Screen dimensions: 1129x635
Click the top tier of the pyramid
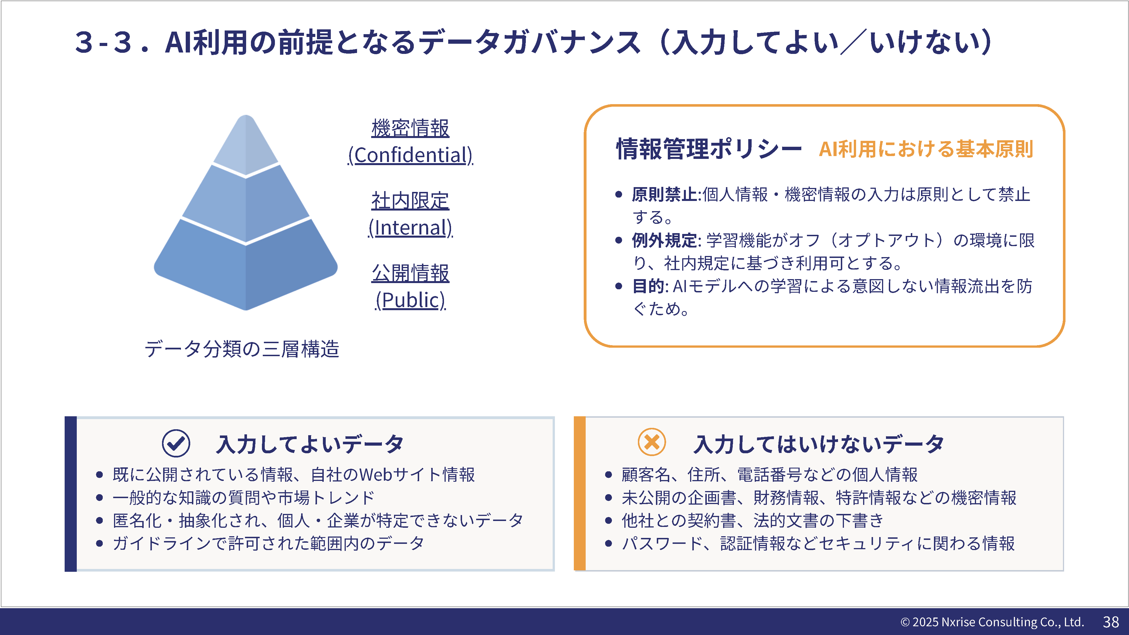pyautogui.click(x=246, y=147)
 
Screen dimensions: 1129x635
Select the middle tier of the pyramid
pyautogui.click(x=246, y=204)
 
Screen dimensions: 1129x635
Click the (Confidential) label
pyautogui.click(x=410, y=155)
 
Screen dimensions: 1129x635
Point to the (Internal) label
pyautogui.click(x=410, y=228)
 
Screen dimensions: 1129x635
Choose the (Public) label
pyautogui.click(x=410, y=300)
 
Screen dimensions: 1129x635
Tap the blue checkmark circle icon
pyautogui.click(x=176, y=443)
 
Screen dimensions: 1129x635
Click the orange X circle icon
pyautogui.click(x=652, y=442)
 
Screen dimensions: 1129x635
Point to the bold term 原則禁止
pyautogui.click(x=664, y=194)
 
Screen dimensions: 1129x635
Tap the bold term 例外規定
pyautogui.click(x=664, y=240)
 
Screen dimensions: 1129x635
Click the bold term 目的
pyautogui.click(x=649, y=286)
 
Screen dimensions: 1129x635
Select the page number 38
pyautogui.click(x=1111, y=622)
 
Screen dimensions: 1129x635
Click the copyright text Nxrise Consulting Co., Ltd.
pyautogui.click(x=1012, y=622)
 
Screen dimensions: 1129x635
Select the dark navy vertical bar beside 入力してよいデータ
pyautogui.click(x=71, y=494)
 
